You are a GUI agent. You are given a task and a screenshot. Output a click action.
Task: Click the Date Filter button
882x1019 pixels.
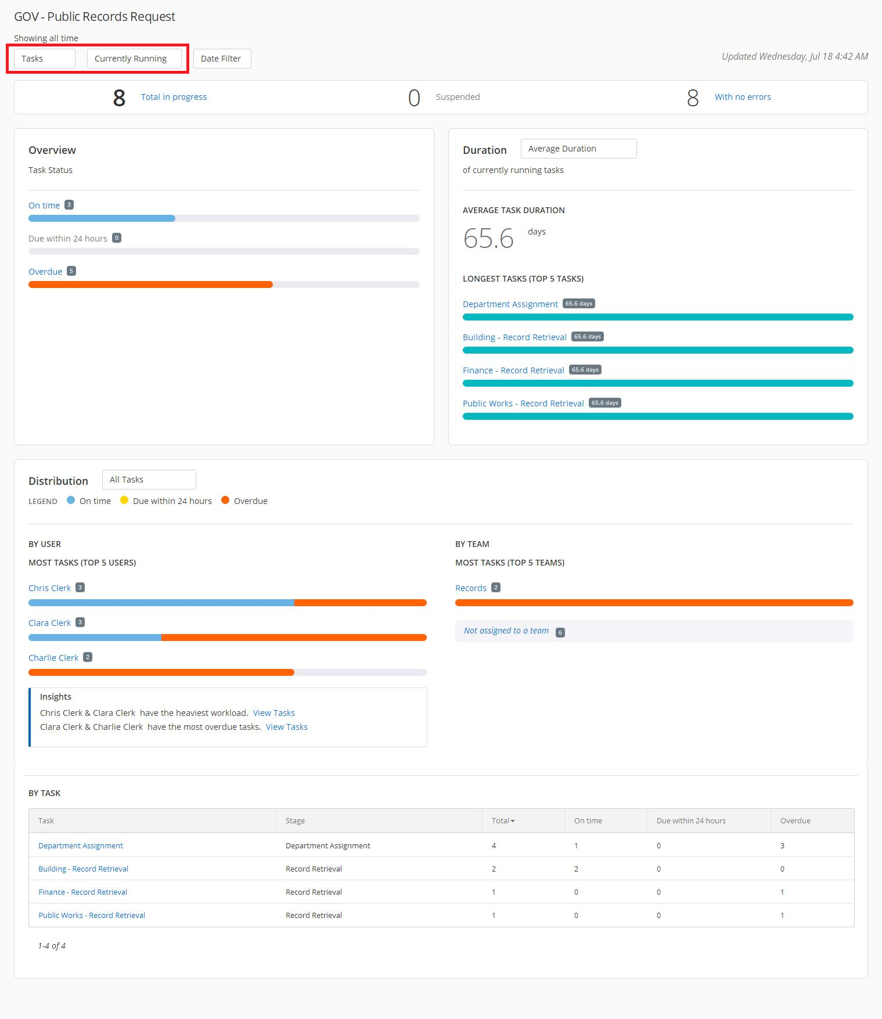[221, 59]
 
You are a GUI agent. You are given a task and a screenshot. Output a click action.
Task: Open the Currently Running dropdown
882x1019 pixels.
[134, 59]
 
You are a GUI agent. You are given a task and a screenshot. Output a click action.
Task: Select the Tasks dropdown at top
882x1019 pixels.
[44, 59]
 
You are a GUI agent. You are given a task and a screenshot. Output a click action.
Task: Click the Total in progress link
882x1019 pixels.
[174, 97]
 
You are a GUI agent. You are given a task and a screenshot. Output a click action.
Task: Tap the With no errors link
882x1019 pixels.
[743, 97]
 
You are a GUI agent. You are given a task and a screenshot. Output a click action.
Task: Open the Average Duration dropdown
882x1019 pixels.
[578, 149]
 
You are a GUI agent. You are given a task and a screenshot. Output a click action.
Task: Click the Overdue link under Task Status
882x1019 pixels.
[45, 272]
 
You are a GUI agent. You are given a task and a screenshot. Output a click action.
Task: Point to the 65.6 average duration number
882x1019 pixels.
[488, 238]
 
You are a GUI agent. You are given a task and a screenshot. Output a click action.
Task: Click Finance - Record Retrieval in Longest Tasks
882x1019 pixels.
[513, 370]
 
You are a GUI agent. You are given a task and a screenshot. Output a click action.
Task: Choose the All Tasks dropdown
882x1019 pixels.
[149, 480]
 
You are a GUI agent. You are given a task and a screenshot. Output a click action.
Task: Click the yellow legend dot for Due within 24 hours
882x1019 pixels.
[124, 501]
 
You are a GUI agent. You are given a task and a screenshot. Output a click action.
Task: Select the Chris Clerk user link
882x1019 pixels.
[49, 588]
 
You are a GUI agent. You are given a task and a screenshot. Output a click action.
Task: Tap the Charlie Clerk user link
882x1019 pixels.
[53, 658]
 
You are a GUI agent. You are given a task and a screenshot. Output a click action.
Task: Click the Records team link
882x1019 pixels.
[471, 588]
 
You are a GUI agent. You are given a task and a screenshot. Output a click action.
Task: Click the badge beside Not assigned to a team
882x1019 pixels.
[560, 632]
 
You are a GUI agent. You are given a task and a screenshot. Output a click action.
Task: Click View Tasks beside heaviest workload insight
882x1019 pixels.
[274, 713]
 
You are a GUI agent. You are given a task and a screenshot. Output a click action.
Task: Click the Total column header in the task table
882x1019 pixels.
[503, 820]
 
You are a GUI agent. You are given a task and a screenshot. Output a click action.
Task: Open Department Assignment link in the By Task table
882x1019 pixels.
[81, 845]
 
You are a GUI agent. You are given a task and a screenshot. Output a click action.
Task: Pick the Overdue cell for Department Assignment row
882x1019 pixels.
[782, 845]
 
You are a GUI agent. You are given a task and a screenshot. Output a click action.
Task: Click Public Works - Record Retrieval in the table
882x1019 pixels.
[92, 915]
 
